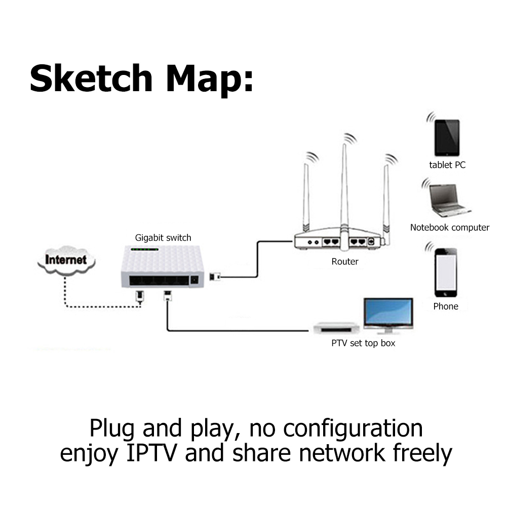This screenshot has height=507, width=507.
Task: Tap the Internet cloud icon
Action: (66, 260)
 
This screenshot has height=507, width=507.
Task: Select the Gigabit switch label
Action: (163, 238)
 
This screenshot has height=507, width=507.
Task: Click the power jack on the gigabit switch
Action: (193, 280)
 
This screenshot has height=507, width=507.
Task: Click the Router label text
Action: (344, 262)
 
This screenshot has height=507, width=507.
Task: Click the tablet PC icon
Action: (447, 137)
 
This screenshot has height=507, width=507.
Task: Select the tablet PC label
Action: (447, 165)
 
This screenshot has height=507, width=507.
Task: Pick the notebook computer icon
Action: (449, 201)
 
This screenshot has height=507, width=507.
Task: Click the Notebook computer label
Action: (449, 228)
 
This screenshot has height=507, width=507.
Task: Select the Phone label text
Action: (445, 306)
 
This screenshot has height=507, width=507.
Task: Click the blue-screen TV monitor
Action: (388, 314)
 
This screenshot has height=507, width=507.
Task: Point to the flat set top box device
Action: (336, 328)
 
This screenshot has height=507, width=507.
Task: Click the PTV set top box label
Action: (363, 343)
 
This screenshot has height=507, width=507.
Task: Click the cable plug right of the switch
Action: (214, 277)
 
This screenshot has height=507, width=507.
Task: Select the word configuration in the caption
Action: (353, 428)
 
